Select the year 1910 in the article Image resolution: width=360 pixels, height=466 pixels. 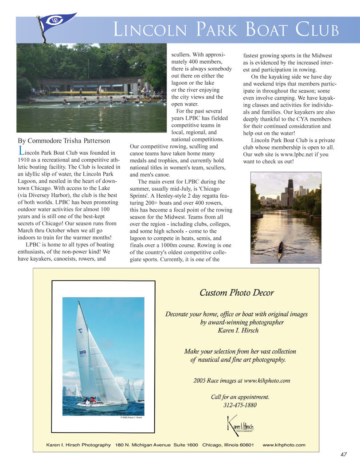pos(25,160)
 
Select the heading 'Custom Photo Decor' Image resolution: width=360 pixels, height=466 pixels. pos(236,293)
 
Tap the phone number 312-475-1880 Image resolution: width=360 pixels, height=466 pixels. pos(240,405)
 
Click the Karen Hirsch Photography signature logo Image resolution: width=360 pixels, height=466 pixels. pos(240,425)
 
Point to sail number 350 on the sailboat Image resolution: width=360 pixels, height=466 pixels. pos(82,353)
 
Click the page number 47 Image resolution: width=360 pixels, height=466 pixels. pos(344,454)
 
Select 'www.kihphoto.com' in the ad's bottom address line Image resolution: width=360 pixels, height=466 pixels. pos(284,445)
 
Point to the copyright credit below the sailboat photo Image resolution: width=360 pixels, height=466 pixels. pos(131,417)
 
